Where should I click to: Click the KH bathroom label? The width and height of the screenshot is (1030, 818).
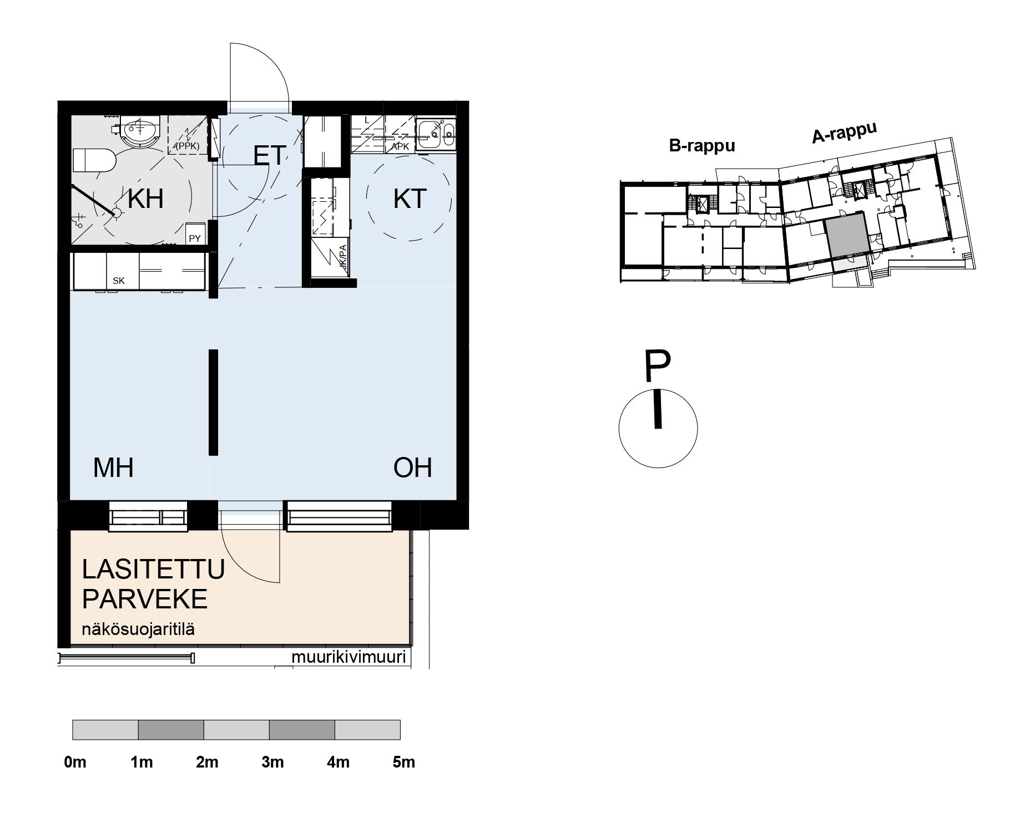pos(145,199)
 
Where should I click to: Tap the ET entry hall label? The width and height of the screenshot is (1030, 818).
pos(270,155)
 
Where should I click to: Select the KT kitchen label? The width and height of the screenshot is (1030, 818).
pos(410,199)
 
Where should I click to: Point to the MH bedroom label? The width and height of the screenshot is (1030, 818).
pos(113,468)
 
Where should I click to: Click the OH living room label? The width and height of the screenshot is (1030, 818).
pos(412,468)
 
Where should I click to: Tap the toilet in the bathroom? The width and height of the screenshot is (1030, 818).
pos(94,160)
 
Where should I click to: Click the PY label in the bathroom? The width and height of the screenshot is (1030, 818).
pos(195,238)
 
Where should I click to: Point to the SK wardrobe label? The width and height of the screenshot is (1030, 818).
pos(119,281)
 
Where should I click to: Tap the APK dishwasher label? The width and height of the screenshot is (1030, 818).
pos(400,146)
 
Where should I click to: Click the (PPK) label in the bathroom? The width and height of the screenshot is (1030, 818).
pos(187,146)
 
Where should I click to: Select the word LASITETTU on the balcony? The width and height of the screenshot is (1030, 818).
pos(153,570)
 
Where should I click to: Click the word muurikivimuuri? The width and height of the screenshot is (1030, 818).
pos(349,657)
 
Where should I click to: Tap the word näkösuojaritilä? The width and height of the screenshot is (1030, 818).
pos(138,629)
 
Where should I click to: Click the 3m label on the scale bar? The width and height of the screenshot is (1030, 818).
pos(272,762)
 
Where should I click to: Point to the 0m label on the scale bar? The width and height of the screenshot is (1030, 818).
pos(75,762)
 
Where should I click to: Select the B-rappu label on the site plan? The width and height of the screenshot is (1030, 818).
pos(702,145)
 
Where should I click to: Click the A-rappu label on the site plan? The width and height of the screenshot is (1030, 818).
pos(844,133)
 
